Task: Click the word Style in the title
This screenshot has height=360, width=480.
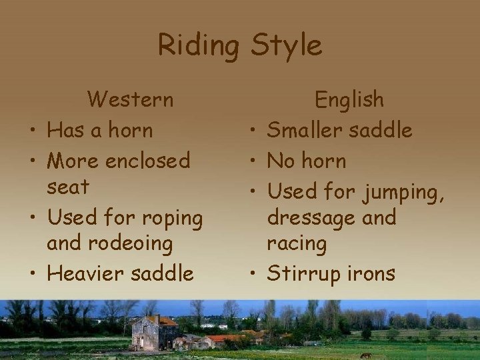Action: (285, 45)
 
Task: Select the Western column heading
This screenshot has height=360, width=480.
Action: (131, 99)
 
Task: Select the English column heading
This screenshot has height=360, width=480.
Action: (349, 100)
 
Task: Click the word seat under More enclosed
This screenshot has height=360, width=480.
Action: (67, 188)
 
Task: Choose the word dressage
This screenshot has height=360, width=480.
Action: (309, 217)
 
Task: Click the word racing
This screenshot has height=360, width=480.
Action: (297, 245)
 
